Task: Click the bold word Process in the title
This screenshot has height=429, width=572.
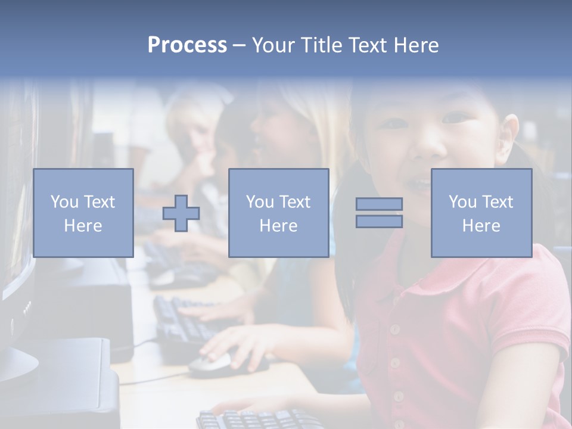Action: click(187, 45)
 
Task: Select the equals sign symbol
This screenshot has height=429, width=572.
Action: click(379, 213)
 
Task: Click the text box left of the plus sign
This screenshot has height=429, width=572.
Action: click(83, 213)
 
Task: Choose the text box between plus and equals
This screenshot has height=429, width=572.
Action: click(278, 213)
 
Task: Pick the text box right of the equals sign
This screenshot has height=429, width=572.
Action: click(481, 213)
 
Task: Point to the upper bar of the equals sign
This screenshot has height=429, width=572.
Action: click(379, 204)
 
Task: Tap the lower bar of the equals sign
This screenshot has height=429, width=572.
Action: click(379, 222)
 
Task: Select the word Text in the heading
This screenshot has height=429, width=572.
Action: click(366, 45)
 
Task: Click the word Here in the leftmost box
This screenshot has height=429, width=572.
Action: click(83, 226)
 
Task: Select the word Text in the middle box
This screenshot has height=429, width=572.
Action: click(295, 203)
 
